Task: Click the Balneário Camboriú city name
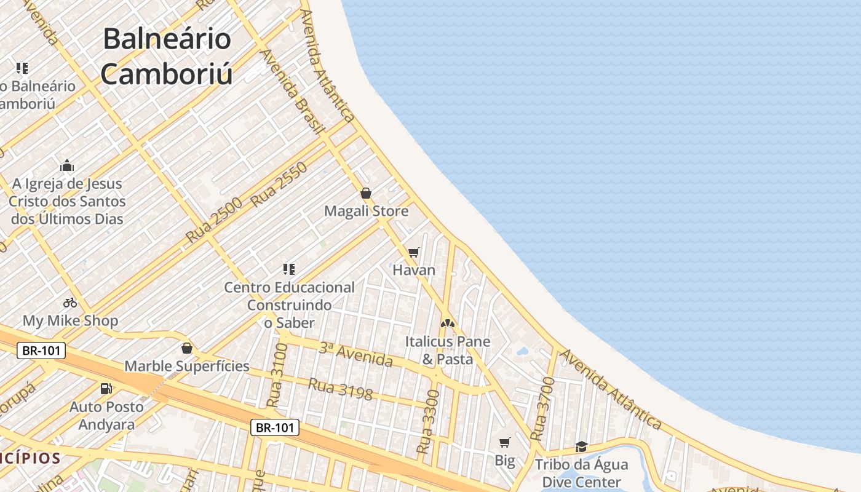point(167,57)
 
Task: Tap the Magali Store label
point(366,212)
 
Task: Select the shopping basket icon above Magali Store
point(366,193)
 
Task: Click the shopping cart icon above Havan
point(414,252)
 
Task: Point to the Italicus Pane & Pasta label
point(447,350)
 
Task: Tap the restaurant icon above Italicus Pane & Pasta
point(447,323)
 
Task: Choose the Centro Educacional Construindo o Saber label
point(289,305)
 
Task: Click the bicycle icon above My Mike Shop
point(70,303)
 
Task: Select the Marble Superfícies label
point(187,367)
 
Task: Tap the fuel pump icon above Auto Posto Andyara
point(106,389)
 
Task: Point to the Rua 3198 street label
point(340,389)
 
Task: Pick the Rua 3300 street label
point(429,422)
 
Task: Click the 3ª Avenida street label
point(356,354)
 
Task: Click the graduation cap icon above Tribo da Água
point(581,446)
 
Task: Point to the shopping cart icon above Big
point(505,442)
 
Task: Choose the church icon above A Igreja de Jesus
point(67,165)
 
